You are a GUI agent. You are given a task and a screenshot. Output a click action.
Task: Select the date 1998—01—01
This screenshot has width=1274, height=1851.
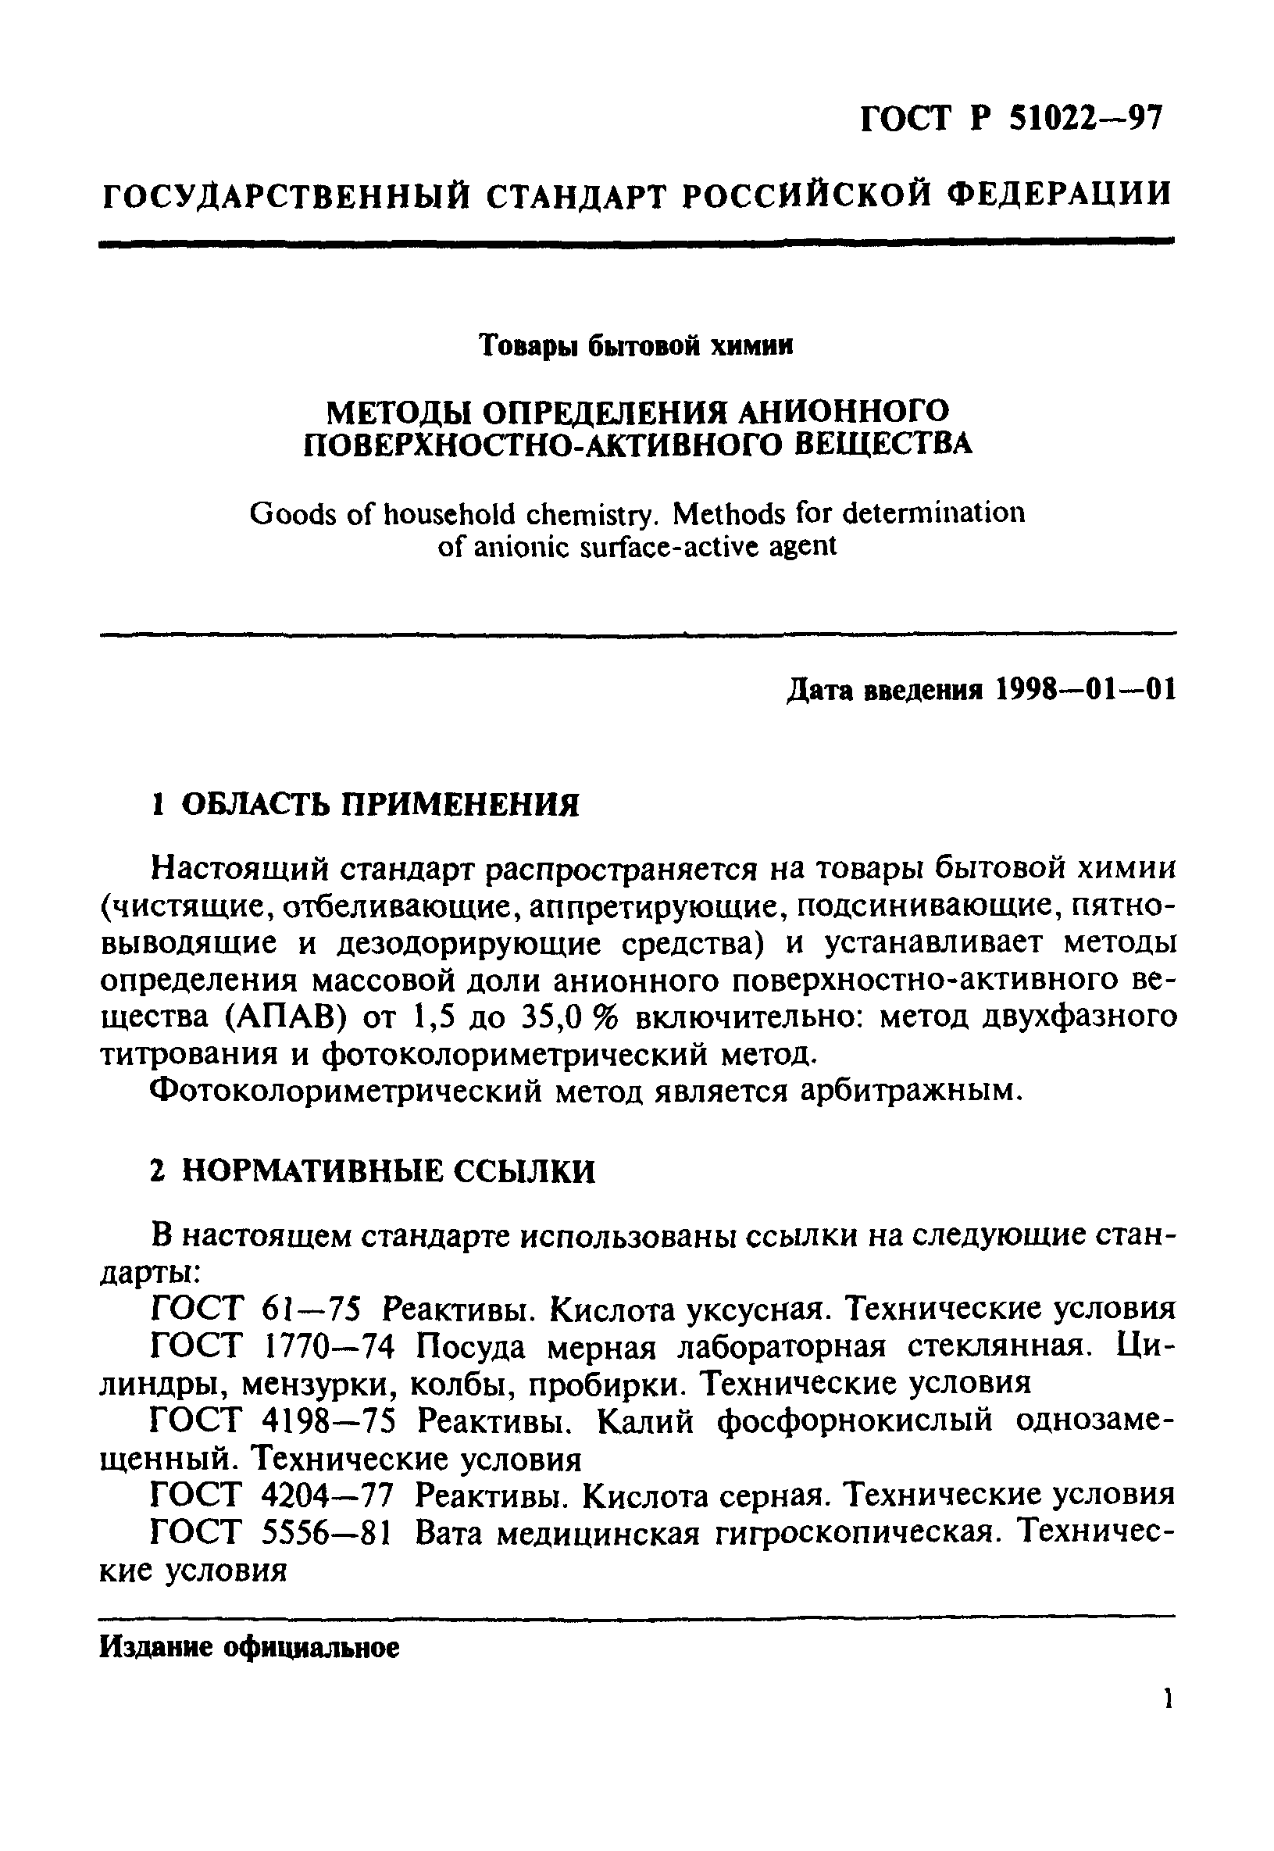pos(1086,690)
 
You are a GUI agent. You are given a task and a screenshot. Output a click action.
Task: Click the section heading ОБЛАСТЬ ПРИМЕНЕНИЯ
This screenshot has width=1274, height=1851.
pos(380,805)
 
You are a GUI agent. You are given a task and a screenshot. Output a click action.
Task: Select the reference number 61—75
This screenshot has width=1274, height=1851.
pos(312,1310)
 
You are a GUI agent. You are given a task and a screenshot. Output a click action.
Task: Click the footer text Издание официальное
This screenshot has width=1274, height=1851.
pos(249,1649)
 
